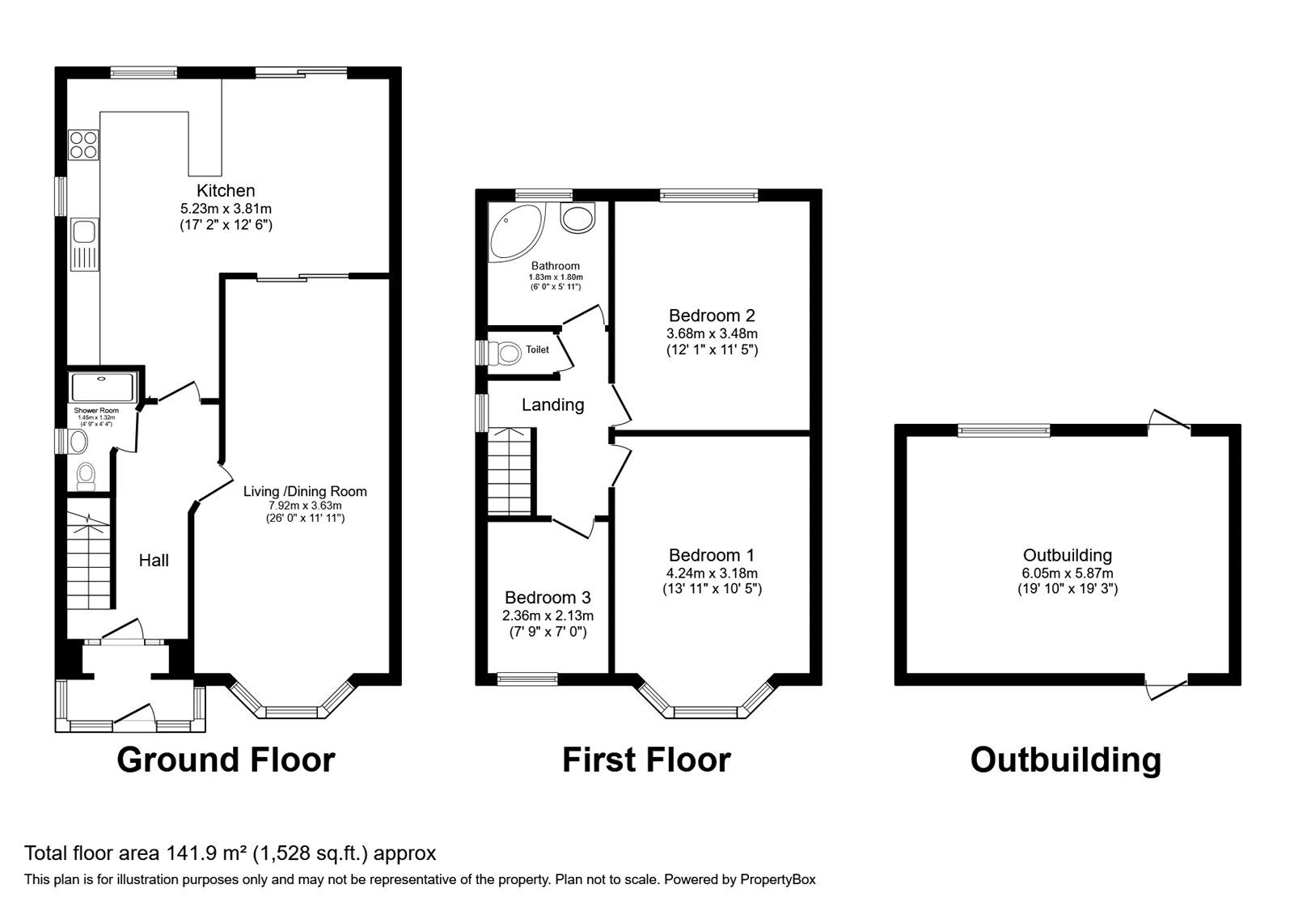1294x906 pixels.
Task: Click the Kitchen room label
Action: (226, 191)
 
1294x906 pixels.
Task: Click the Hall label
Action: (154, 561)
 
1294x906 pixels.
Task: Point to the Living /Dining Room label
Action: (305, 491)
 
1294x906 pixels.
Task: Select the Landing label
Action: (552, 405)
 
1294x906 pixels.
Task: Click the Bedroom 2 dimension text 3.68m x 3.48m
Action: (712, 333)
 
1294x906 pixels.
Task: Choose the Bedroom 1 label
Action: (712, 556)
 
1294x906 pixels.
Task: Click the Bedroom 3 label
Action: (548, 598)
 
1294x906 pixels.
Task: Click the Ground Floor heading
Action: (226, 760)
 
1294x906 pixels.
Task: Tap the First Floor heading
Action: (646, 760)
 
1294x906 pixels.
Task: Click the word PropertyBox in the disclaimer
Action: (778, 879)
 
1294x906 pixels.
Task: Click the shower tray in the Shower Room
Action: (103, 387)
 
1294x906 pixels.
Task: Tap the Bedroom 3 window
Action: (527, 679)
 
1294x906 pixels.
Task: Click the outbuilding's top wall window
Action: (1004, 430)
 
